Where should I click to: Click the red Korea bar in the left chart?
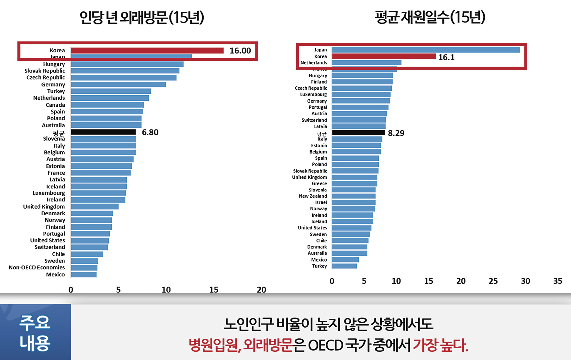(x=147, y=51)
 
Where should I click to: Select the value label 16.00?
(x=240, y=51)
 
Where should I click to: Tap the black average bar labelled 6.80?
(x=103, y=132)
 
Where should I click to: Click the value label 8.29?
(x=396, y=133)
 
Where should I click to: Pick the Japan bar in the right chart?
(x=426, y=50)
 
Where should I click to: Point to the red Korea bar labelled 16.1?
(x=384, y=56)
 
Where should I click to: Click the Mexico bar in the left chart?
(x=84, y=275)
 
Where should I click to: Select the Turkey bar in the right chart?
(x=344, y=266)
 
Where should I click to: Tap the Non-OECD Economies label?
(x=37, y=268)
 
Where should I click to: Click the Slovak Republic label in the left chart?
(x=45, y=71)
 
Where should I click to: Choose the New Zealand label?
(x=313, y=196)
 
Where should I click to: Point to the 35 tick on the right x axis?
(x=557, y=281)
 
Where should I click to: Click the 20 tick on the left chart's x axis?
(x=261, y=290)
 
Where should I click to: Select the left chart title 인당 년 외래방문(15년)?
(x=142, y=17)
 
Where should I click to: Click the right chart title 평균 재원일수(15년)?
(x=430, y=17)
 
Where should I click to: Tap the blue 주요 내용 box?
(x=35, y=332)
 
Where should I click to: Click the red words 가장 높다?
(x=440, y=345)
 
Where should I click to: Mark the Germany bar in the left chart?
(x=118, y=85)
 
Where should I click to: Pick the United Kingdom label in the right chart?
(x=309, y=177)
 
